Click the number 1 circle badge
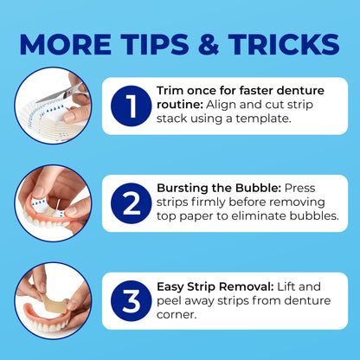pyautogui.click(x=132, y=106)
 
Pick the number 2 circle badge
pyautogui.click(x=132, y=204)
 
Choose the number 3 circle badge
pyautogui.click(x=132, y=300)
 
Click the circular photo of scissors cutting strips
pyautogui.click(x=53, y=106)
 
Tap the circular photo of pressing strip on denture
pyautogui.click(x=53, y=202)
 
